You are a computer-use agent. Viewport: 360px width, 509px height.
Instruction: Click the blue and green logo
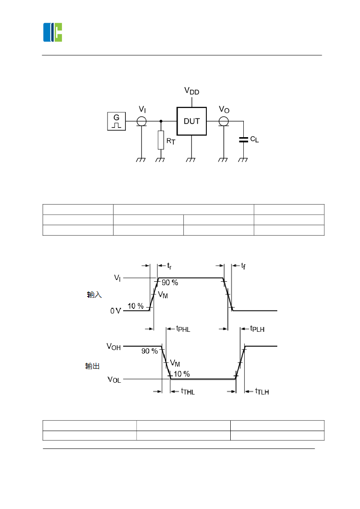[x=53, y=32]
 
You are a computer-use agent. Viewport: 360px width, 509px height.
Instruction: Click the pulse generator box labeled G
[x=116, y=121]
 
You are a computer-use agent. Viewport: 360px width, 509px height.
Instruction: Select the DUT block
[x=192, y=121]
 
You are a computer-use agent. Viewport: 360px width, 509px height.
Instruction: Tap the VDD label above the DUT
[x=192, y=91]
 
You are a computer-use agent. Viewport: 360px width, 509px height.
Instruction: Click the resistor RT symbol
[x=161, y=140]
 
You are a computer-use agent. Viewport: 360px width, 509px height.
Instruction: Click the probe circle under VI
[x=141, y=121]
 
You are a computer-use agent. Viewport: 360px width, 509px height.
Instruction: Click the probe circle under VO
[x=223, y=121]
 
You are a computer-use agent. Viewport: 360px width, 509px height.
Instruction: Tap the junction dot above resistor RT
[x=161, y=121]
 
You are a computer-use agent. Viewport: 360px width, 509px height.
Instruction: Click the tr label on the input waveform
[x=170, y=265]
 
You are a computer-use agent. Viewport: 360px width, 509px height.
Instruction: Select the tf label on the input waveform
[x=244, y=265]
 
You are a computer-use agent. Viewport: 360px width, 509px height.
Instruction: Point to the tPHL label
[x=183, y=329]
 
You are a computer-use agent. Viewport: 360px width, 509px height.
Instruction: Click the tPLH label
[x=257, y=329]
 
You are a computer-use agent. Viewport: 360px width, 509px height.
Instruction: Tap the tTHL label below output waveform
[x=188, y=391]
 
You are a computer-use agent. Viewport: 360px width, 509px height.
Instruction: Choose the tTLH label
[x=262, y=391]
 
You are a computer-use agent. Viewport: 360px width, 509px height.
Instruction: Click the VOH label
[x=114, y=347]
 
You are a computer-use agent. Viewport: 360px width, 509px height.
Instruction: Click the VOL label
[x=114, y=379]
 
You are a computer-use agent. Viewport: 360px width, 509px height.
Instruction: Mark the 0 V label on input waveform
[x=115, y=311]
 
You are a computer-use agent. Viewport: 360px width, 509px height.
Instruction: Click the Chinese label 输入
[x=94, y=295]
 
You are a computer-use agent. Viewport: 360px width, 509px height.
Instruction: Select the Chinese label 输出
[x=92, y=366]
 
